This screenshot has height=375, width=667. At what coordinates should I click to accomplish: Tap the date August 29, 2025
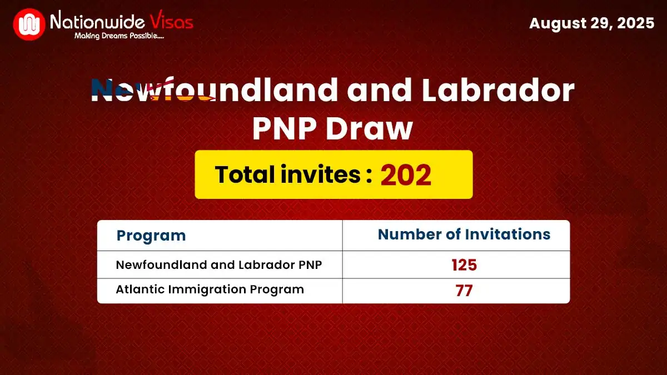(591, 24)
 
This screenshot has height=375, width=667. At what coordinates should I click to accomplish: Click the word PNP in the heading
(284, 129)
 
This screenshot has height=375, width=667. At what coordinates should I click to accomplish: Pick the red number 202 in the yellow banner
(406, 175)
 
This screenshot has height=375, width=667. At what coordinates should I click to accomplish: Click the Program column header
(151, 236)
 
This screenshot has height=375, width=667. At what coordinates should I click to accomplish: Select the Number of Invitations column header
(464, 234)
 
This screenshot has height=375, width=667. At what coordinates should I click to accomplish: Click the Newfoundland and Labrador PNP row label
(219, 265)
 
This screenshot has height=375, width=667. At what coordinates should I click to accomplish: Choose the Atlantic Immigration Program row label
(210, 289)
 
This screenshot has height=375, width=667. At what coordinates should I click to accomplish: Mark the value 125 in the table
(464, 265)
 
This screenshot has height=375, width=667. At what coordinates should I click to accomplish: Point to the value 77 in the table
(464, 290)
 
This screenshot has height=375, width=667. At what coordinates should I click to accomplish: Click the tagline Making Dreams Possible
(119, 37)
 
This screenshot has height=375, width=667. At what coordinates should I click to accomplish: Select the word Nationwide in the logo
(98, 22)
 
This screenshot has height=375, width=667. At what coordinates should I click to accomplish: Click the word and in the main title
(370, 91)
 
